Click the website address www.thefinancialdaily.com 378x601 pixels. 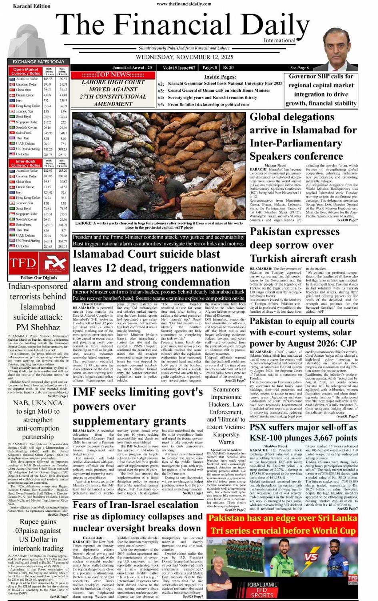184,4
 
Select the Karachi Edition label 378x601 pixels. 32,6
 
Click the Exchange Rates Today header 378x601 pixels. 38,62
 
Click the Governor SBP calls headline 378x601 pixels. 321,90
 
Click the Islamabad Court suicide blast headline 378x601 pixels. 158,268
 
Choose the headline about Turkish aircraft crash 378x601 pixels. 303,245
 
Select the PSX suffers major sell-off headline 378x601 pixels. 303,432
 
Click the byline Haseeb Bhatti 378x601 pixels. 93,304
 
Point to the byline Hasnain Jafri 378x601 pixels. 93,538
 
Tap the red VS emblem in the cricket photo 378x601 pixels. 311,557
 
